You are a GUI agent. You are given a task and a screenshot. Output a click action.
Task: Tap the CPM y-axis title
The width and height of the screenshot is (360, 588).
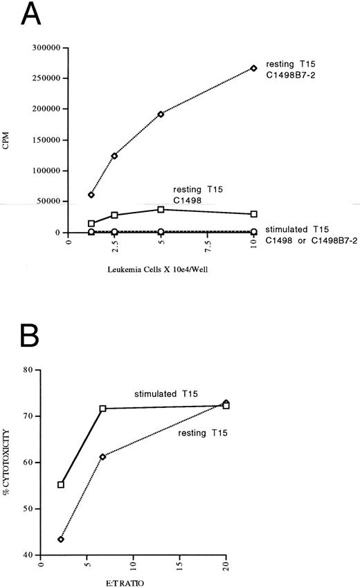[10, 141]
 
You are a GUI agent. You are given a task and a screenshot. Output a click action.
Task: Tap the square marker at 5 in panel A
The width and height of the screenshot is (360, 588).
[161, 209]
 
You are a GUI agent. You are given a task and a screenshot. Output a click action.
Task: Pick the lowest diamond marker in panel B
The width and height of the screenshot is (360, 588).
[61, 539]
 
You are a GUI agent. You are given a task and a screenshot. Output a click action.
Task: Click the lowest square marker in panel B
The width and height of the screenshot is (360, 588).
[61, 485]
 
